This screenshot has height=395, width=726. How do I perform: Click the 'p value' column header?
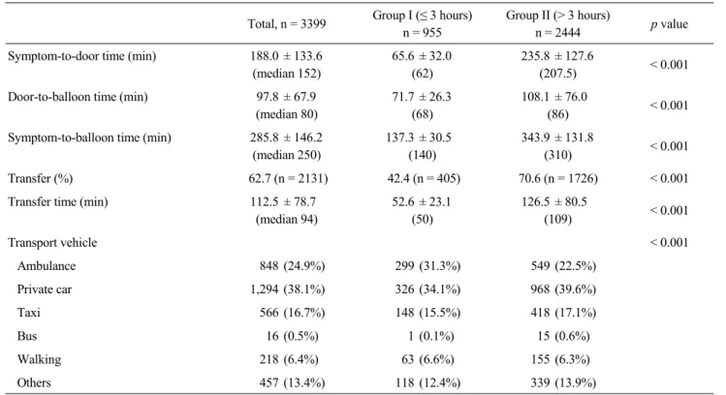point(669,24)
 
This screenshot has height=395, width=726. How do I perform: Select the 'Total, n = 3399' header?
point(287,24)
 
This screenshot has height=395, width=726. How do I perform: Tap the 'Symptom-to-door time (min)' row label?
point(82,56)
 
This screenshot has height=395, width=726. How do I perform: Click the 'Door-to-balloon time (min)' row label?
point(78,97)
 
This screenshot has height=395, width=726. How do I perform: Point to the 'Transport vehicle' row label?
point(52,242)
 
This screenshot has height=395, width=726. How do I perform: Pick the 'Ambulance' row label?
point(47,266)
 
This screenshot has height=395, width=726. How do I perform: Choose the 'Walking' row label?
point(39,359)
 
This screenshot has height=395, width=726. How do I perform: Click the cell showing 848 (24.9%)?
point(292,266)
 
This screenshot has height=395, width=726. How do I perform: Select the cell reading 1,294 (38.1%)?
point(288,289)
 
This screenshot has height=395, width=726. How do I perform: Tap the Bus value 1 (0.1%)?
point(431,336)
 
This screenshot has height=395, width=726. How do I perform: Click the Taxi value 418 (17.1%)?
point(563,313)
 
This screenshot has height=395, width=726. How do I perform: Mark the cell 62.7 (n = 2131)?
point(288,178)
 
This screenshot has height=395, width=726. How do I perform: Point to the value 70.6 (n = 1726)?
point(558,178)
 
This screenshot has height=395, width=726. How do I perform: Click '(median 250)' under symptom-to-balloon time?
point(287,155)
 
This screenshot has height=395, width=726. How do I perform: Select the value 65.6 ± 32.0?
point(422,56)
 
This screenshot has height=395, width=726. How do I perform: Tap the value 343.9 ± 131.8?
point(557,137)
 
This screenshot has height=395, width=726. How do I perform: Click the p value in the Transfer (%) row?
point(669,178)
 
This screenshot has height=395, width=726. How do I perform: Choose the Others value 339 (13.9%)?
point(563,382)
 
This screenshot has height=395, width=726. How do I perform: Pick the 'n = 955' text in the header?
point(422,33)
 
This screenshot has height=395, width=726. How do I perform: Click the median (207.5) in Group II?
point(557,74)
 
